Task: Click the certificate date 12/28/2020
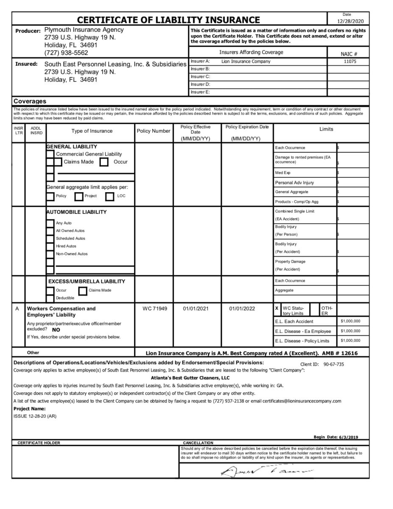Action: [x=348, y=21]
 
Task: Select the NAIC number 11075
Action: [x=348, y=61]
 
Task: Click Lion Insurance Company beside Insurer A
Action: [x=246, y=61]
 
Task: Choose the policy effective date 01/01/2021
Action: [x=196, y=309]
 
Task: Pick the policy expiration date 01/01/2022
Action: [x=242, y=309]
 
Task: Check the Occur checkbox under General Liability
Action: [x=104, y=162]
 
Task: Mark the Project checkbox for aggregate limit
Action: [x=78, y=196]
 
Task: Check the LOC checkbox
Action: [x=110, y=196]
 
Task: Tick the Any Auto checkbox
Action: [x=50, y=223]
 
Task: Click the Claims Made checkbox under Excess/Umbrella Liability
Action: [x=83, y=291]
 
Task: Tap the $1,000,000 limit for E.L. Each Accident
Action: [x=351, y=321]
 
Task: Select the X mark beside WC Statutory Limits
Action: [x=277, y=308]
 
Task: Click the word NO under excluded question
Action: [x=56, y=329]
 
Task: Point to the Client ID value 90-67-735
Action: [x=333, y=364]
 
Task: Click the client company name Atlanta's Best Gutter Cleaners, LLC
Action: [x=190, y=378]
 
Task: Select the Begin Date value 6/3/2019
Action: [x=348, y=437]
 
